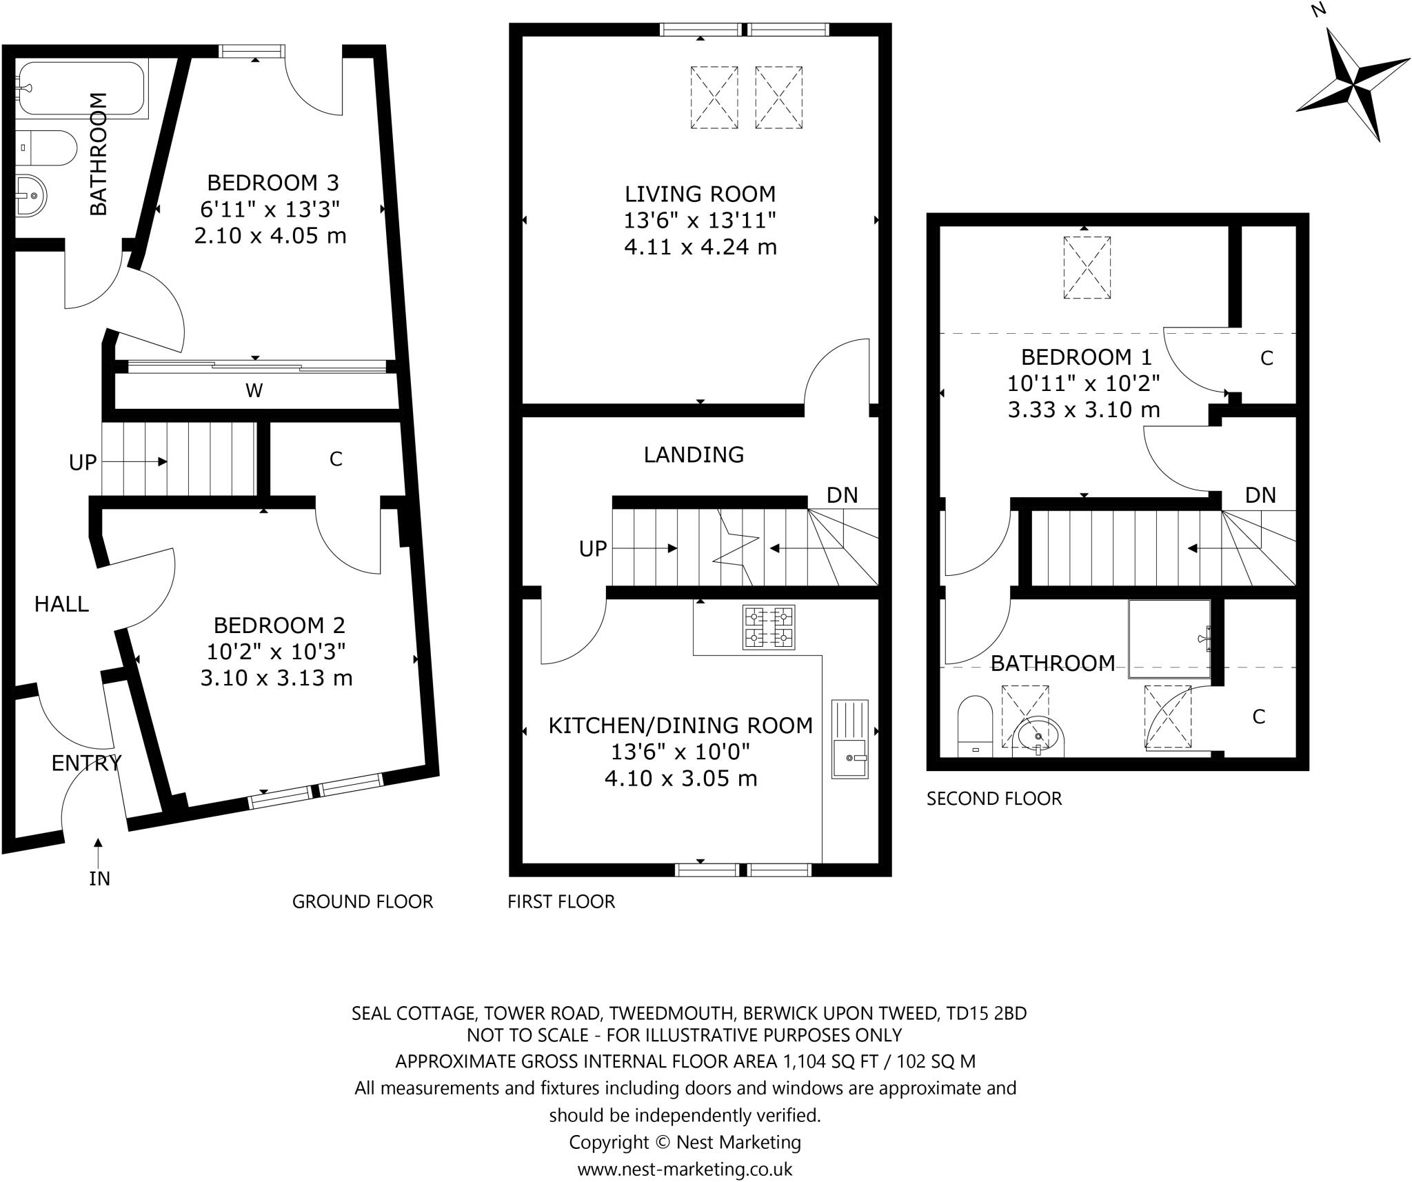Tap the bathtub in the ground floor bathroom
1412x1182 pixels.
pyautogui.click(x=81, y=89)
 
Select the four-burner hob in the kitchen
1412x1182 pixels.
pyautogui.click(x=768, y=627)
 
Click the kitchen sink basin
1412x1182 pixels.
pyautogui.click(x=849, y=759)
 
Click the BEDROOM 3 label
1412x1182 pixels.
pyautogui.click(x=273, y=183)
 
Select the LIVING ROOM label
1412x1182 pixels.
pyautogui.click(x=700, y=194)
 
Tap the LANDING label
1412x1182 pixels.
pyautogui.click(x=694, y=454)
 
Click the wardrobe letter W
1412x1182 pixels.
pyautogui.click(x=254, y=391)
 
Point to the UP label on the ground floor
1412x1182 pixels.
pyautogui.click(x=82, y=463)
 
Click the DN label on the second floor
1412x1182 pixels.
pyautogui.click(x=1260, y=495)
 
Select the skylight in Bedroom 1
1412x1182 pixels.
pyautogui.click(x=1087, y=268)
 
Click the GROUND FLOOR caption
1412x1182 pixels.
pyautogui.click(x=363, y=901)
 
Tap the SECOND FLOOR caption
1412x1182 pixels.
pyautogui.click(x=994, y=799)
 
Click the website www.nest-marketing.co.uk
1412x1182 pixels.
pyautogui.click(x=684, y=1169)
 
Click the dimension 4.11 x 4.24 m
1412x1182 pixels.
pyautogui.click(x=700, y=247)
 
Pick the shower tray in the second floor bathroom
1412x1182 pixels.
pyautogui.click(x=1169, y=639)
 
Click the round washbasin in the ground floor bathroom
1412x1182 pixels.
pyautogui.click(x=31, y=194)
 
